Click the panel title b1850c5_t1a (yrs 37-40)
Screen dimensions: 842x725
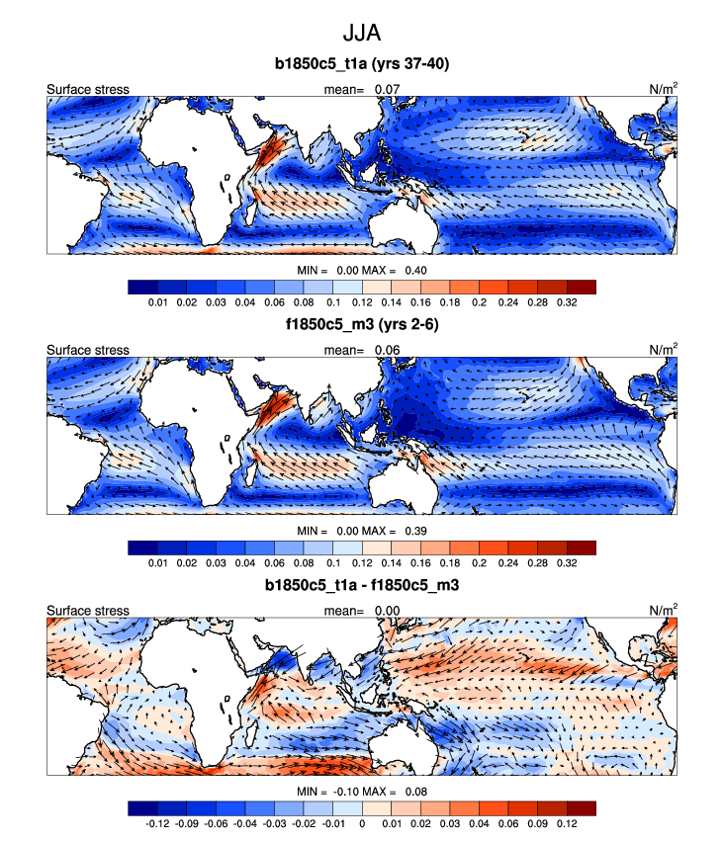coord(362,65)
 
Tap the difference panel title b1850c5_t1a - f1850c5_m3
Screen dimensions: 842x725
coord(362,585)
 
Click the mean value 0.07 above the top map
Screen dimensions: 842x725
coord(388,90)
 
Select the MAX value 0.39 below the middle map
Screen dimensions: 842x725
coord(413,531)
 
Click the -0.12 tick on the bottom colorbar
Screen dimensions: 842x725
coord(156,822)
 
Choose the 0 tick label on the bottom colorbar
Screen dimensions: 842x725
coord(362,822)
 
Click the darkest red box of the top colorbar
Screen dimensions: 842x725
coord(582,287)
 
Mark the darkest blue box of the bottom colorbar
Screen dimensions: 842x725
coord(142,807)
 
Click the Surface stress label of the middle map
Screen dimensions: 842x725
coord(88,351)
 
